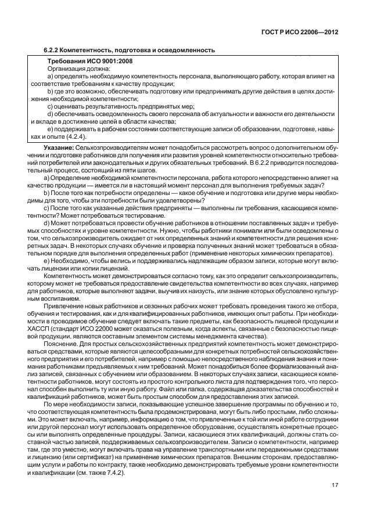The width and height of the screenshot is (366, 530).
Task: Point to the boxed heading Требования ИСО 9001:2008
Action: [x=84, y=62]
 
